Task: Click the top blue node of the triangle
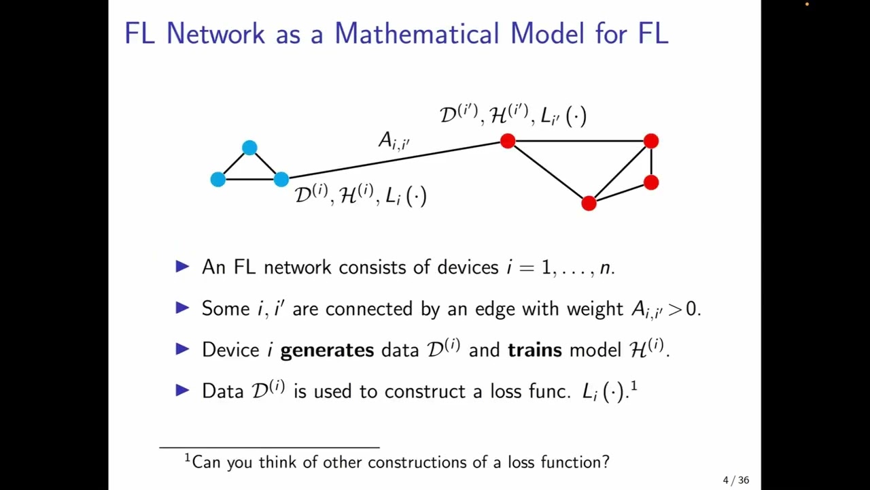tap(249, 148)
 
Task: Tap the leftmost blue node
tap(218, 179)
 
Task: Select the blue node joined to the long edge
tap(281, 179)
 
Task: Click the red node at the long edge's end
tap(508, 141)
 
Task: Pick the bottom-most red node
tap(589, 203)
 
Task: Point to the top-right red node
tap(651, 141)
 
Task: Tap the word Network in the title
tap(215, 33)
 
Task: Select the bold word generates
tap(327, 350)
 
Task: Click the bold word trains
tap(535, 350)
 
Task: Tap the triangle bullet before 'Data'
tap(182, 390)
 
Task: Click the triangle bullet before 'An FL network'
tap(182, 267)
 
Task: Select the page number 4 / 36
tap(735, 480)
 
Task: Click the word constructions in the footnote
tap(411, 463)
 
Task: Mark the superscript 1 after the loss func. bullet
tap(633, 387)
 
